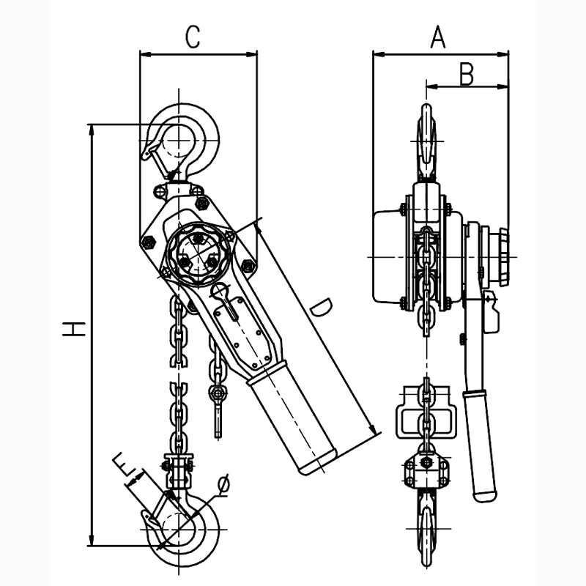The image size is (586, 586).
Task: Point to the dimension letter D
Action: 319,308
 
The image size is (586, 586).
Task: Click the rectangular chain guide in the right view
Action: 426,418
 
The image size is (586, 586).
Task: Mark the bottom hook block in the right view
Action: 426,469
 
